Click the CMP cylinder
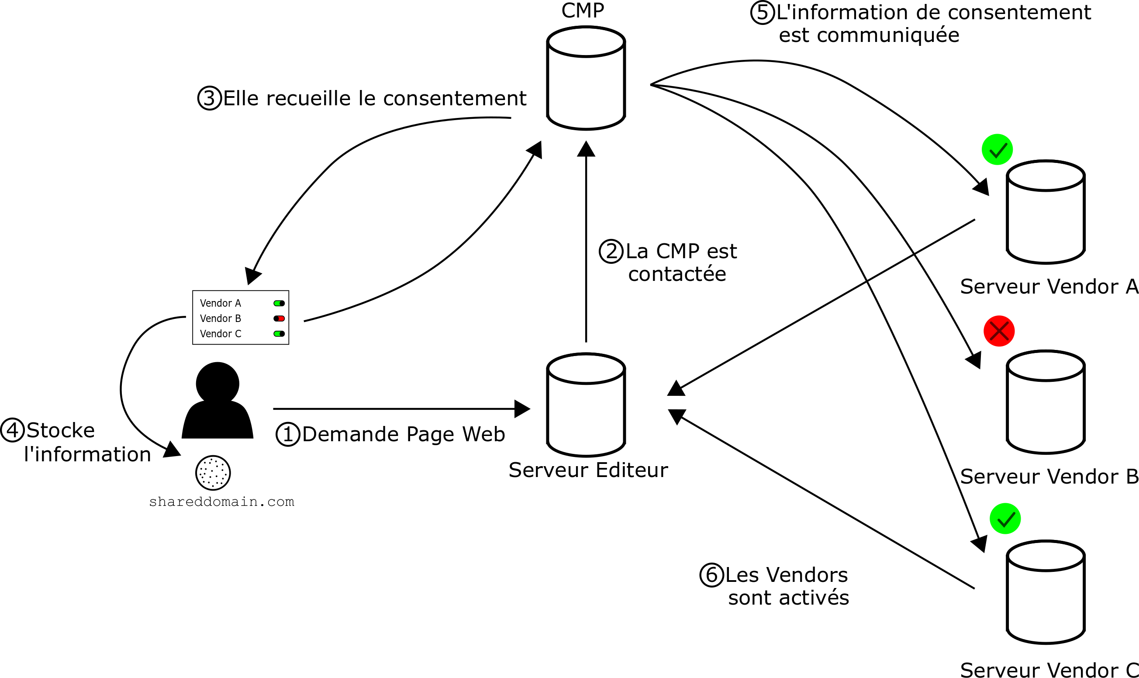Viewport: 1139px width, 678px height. pos(586,79)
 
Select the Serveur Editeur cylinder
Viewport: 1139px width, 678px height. pos(586,405)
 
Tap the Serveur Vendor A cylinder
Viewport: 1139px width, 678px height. pos(1046,212)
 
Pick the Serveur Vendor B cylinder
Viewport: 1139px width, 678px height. pos(1046,402)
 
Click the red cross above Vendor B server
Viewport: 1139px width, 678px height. pos(999,331)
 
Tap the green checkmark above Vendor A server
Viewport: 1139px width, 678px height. pos(997,149)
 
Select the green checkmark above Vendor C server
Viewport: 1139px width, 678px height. pos(1005,519)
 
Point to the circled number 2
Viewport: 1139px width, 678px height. pos(611,251)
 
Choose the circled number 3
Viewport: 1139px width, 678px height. pos(209,98)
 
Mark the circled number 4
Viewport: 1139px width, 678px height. pos(12,430)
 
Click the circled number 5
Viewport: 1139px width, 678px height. pos(762,12)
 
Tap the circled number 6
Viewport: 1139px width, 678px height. pos(711,575)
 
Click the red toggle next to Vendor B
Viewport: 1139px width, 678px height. pos(279,318)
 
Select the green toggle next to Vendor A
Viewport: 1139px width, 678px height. pos(279,303)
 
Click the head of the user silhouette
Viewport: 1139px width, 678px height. pos(217,383)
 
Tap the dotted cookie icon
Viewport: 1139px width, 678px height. pos(213,473)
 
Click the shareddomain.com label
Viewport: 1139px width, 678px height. pos(221,502)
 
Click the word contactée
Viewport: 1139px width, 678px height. pos(676,274)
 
